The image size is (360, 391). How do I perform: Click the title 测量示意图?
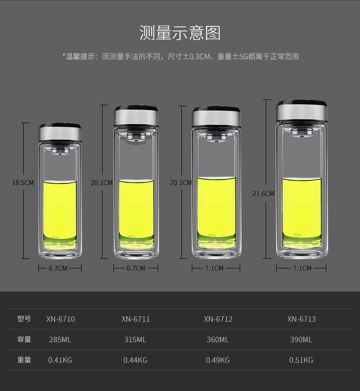tap(180, 33)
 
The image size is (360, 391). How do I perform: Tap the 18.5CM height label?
tap(23, 183)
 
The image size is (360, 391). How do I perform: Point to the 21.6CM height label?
tap(263, 194)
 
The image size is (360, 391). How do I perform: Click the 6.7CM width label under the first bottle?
tap(58, 268)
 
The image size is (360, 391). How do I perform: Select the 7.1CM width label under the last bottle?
tap(302, 268)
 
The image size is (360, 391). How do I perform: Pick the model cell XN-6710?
tap(61, 319)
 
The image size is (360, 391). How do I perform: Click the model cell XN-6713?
tap(301, 319)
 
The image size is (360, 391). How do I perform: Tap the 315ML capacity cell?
tap(135, 340)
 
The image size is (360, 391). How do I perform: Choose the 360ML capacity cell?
tap(218, 340)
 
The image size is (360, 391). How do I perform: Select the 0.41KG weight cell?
tap(60, 360)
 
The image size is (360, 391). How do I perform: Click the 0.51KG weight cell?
tap(301, 360)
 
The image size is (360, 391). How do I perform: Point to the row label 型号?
tap(24, 319)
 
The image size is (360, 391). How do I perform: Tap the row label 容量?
tap(24, 339)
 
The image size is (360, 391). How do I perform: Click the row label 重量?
tap(24, 360)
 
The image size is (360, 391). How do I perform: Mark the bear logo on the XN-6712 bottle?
tap(211, 239)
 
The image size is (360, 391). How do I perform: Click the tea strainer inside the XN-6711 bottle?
tap(136, 137)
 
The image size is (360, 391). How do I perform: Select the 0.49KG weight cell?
tap(218, 360)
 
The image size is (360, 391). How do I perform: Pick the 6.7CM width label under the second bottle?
tap(136, 268)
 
